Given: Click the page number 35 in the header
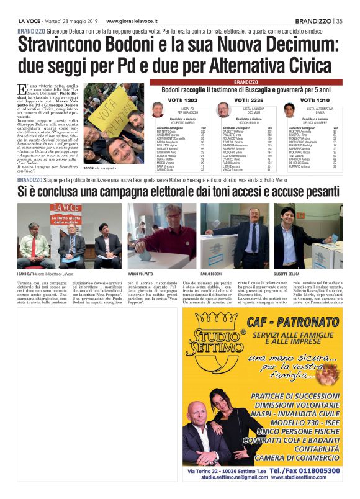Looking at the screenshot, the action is [339, 20].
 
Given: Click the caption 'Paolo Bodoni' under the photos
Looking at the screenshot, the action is [212, 274].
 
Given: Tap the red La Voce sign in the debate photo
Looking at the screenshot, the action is [67, 208].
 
